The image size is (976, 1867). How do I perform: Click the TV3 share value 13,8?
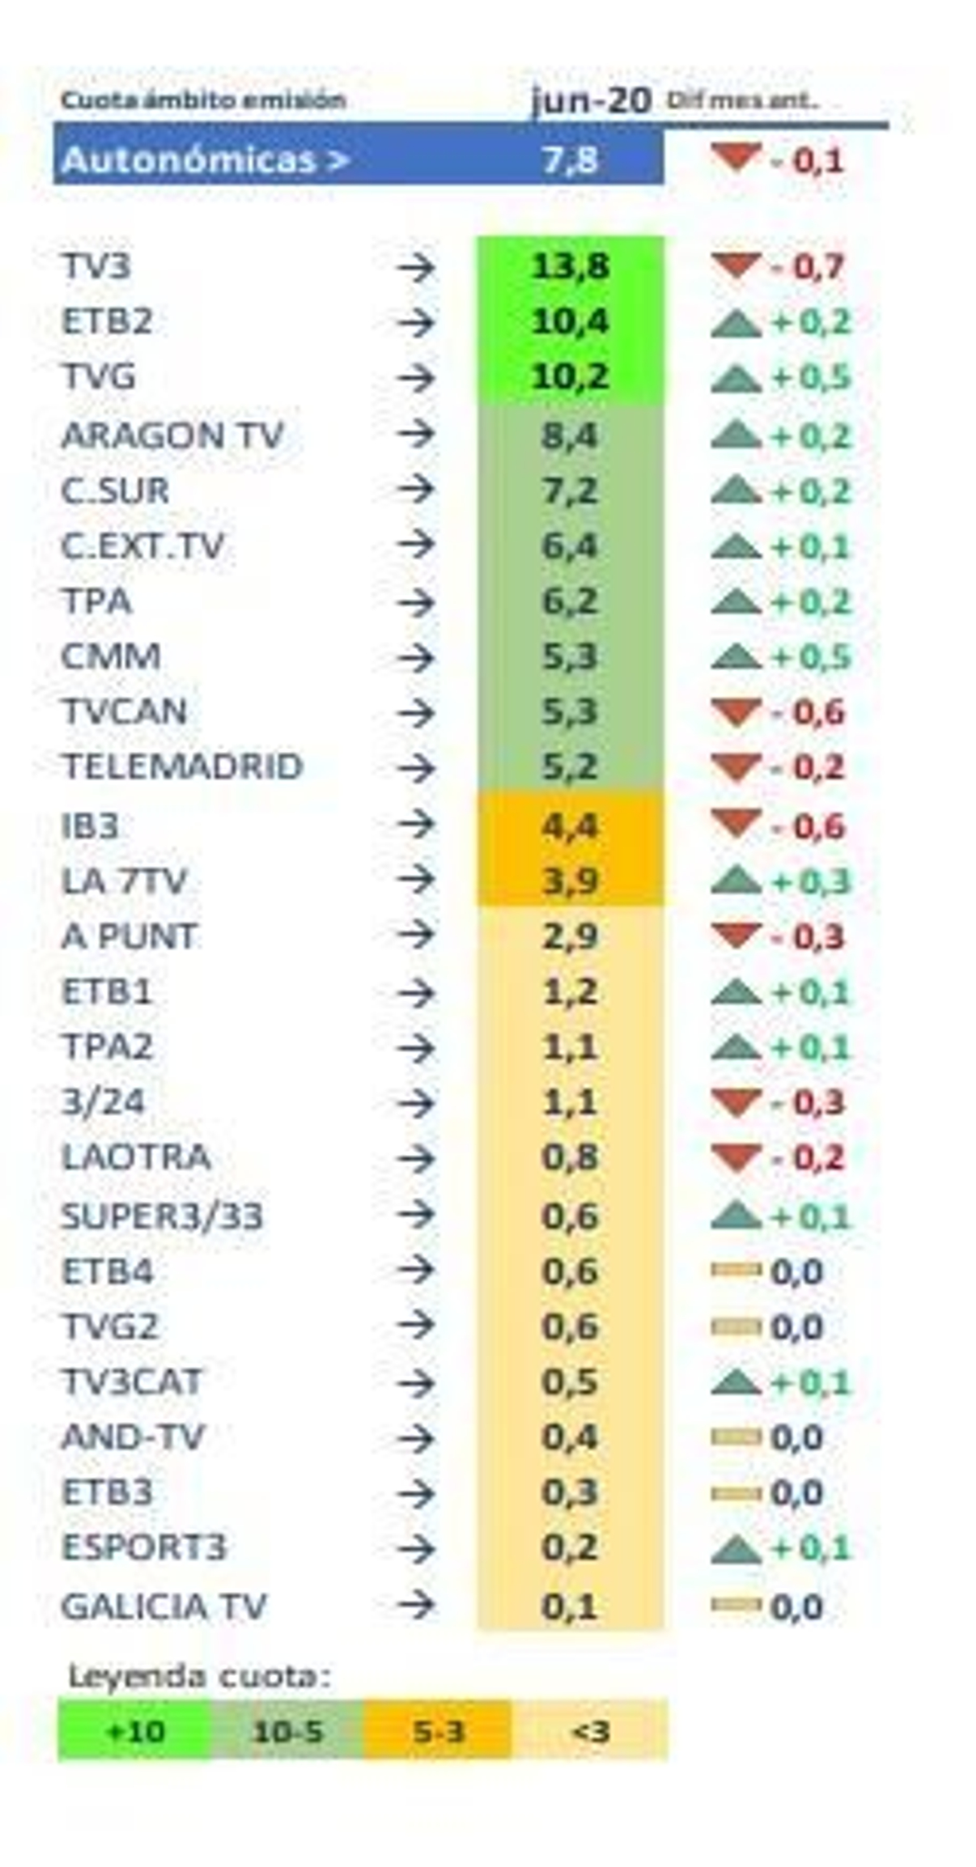[570, 267]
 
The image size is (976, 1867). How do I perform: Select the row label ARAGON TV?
[172, 435]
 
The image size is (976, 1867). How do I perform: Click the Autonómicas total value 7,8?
[570, 159]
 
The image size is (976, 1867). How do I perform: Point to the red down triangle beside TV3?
[735, 266]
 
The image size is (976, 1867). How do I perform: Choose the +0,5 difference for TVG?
[811, 378]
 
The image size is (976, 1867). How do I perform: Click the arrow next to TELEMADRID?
[416, 767]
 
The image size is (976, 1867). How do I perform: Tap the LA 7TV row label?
[124, 881]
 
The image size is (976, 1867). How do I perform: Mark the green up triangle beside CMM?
[735, 657]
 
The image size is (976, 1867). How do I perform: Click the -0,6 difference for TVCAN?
[808, 712]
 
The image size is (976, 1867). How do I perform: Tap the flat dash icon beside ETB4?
[735, 1270]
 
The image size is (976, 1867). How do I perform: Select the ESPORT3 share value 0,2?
[570, 1547]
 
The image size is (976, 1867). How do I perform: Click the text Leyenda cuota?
[199, 1676]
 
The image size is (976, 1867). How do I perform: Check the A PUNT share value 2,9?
[570, 937]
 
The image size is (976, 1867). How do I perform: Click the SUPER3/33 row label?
[162, 1216]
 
